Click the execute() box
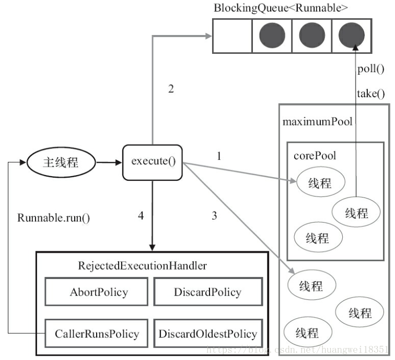click(x=153, y=162)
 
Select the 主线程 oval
click(x=61, y=162)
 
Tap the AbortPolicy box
click(x=96, y=292)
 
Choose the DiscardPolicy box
click(x=208, y=292)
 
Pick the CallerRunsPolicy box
click(x=96, y=333)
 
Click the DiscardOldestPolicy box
click(x=208, y=333)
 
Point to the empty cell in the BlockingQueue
click(x=233, y=36)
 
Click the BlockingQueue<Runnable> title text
click(x=281, y=8)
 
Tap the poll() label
click(x=371, y=69)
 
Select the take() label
click(x=371, y=94)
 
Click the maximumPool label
click(x=318, y=122)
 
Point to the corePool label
click(x=315, y=156)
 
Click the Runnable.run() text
click(x=53, y=218)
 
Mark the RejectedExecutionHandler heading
click(x=142, y=266)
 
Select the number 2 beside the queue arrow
click(x=171, y=89)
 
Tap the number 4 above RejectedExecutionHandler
click(x=141, y=216)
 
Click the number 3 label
click(x=214, y=216)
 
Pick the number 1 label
click(x=219, y=156)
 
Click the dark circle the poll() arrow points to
click(x=352, y=36)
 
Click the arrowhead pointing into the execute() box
click(x=119, y=162)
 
